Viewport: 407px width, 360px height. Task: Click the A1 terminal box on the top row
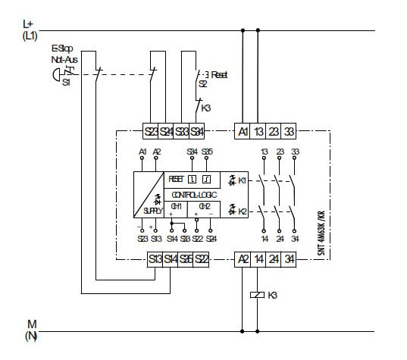click(x=243, y=131)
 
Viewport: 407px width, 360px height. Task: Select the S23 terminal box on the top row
click(x=151, y=131)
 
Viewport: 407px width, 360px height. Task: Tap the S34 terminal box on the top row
click(x=197, y=131)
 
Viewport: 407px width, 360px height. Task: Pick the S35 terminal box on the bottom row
click(x=185, y=259)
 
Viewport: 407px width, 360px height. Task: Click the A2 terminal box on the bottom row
click(x=243, y=259)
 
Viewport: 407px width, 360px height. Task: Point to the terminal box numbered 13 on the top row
click(x=259, y=131)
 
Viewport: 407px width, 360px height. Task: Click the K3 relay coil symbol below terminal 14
click(x=259, y=294)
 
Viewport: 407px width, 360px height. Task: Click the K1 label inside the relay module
click(x=241, y=181)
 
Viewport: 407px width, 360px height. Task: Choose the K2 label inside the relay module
click(x=241, y=211)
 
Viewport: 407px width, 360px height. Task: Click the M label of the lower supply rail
click(x=31, y=324)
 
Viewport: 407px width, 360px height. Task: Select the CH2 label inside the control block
click(x=203, y=206)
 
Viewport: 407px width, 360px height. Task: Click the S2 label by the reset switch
click(x=203, y=85)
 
